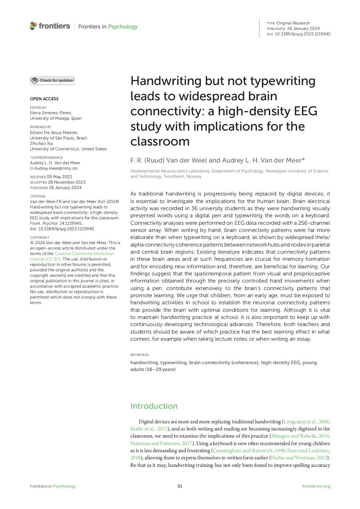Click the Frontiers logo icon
click(33, 26)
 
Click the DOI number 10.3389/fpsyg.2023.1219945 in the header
click(302, 34)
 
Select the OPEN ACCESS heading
click(44, 99)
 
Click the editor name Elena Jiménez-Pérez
click(51, 113)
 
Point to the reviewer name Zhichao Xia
click(42, 143)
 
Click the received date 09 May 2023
click(59, 177)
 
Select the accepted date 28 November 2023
click(67, 182)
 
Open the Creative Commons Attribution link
click(84, 254)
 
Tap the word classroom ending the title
click(160, 141)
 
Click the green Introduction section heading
click(154, 406)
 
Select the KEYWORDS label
click(140, 355)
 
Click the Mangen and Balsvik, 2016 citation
click(300, 436)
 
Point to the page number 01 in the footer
click(180, 486)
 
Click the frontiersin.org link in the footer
click(316, 486)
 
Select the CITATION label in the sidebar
click(37, 197)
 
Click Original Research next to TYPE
click(293, 23)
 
